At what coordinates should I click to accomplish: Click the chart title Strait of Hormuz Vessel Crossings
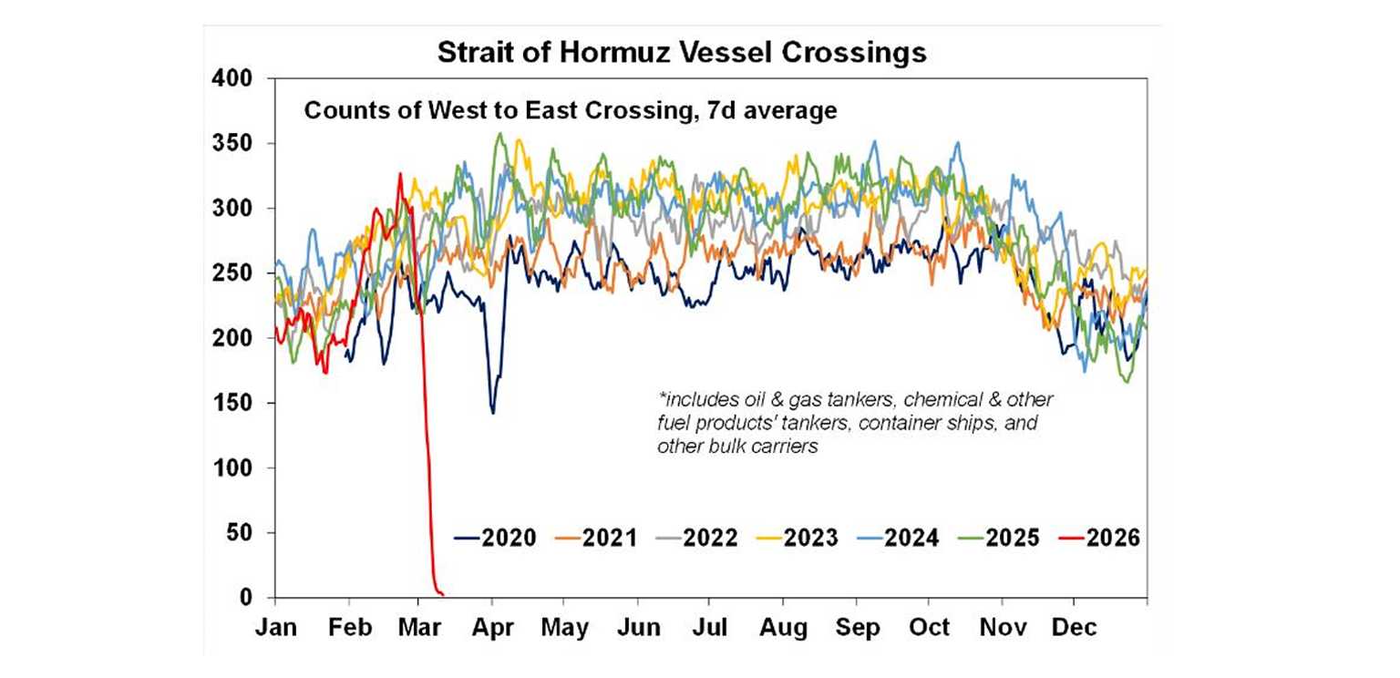coord(682,52)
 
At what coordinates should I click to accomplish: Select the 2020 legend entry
coord(497,538)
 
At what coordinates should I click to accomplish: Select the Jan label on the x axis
coord(275,628)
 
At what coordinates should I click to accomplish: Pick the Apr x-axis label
coord(493,628)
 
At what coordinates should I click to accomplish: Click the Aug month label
coord(784,628)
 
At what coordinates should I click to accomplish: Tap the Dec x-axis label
coord(1075,628)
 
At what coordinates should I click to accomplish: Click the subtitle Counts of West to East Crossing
coord(570,112)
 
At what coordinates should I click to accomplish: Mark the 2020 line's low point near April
coord(493,413)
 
